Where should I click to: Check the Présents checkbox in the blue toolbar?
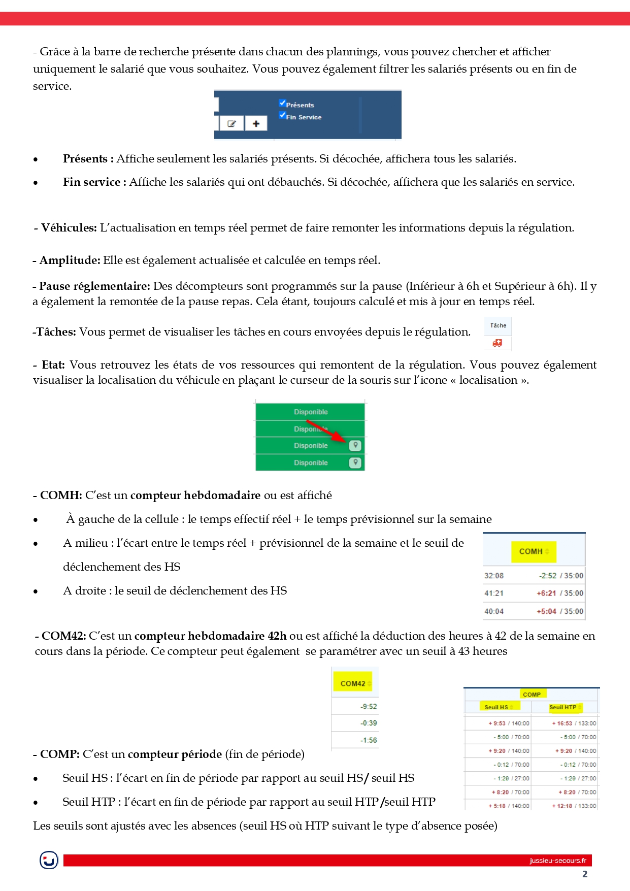click(x=282, y=103)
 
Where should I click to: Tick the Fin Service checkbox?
click(x=282, y=115)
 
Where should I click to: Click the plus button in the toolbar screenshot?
click(x=256, y=123)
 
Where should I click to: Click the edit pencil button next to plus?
click(x=232, y=123)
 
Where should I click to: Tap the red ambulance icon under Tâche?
click(x=498, y=343)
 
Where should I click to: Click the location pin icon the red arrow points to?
click(x=355, y=445)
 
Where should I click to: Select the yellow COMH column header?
click(x=534, y=551)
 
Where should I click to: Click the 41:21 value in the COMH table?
click(x=494, y=593)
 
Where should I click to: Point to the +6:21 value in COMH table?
click(x=546, y=593)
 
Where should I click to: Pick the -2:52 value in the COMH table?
click(x=548, y=576)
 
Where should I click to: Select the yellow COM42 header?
click(x=353, y=683)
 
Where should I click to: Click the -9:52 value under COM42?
click(x=369, y=706)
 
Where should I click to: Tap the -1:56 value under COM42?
click(x=369, y=740)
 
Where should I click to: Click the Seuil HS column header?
click(x=497, y=707)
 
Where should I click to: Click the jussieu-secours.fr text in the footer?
click(x=557, y=861)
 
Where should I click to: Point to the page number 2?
click(x=585, y=874)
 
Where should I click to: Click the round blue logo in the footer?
click(x=49, y=860)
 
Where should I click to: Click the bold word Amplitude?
click(x=70, y=260)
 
